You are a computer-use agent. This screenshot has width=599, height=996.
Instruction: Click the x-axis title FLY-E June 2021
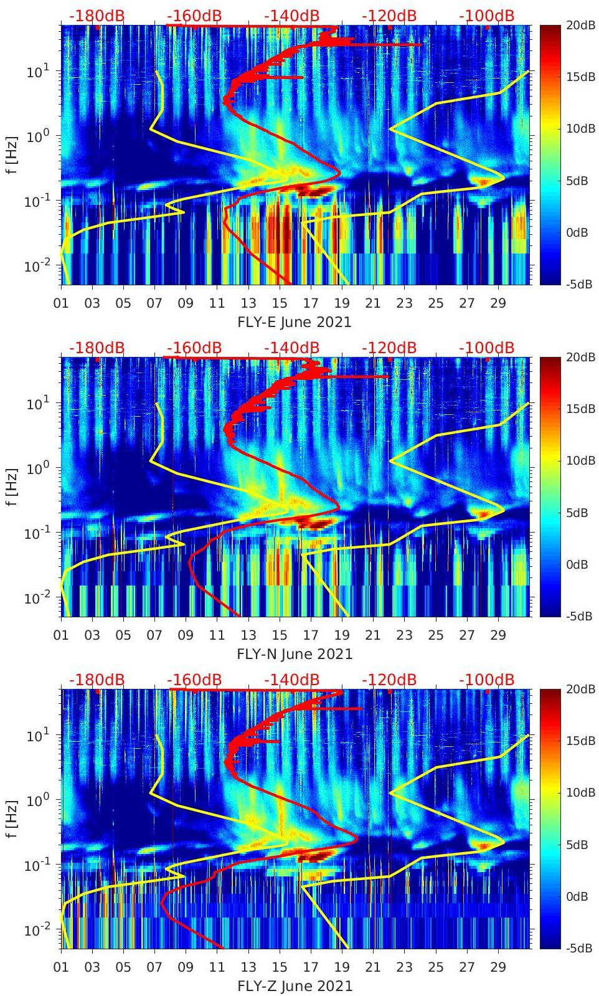click(x=294, y=322)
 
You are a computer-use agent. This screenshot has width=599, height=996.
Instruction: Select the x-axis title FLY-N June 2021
click(x=294, y=654)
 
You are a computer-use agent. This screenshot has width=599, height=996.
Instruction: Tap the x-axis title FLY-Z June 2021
click(x=294, y=986)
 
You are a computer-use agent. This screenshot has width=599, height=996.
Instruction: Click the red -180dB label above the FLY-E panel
click(x=97, y=16)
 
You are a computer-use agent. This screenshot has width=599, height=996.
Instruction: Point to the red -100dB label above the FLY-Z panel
click(x=486, y=680)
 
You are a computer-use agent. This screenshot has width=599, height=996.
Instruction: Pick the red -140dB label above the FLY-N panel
click(x=291, y=348)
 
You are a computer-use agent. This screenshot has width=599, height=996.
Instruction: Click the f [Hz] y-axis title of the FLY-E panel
click(x=12, y=154)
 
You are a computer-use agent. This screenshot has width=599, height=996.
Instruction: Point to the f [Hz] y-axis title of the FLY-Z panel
click(x=12, y=818)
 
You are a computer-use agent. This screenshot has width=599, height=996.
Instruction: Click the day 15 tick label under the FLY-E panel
click(x=280, y=303)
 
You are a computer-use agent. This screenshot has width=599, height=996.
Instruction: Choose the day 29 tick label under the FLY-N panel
click(x=498, y=635)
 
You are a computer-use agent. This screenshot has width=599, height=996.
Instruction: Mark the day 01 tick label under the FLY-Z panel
click(x=61, y=967)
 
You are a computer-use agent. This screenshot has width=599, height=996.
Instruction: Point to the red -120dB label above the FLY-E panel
click(x=389, y=16)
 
